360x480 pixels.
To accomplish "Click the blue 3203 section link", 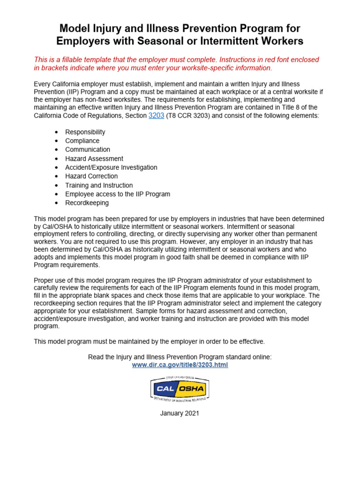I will [156, 115].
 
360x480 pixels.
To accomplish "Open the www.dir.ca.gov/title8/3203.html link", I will [180, 365].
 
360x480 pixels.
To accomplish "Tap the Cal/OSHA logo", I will [180, 389].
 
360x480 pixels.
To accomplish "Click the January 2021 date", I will [180, 413].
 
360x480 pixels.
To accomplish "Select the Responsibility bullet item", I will [85, 132].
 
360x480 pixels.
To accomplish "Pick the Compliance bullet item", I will [82, 141].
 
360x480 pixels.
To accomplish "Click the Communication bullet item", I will [88, 150].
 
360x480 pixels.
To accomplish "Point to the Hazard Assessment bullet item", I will [94, 159].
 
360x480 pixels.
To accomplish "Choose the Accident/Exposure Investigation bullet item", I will [111, 168].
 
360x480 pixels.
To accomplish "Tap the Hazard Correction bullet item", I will [91, 177].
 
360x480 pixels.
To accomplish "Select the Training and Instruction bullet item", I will [99, 186].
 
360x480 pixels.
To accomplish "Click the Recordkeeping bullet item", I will [87, 203].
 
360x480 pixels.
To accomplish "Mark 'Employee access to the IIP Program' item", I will [118, 195].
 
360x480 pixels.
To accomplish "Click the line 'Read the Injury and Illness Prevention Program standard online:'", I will [180, 357].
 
